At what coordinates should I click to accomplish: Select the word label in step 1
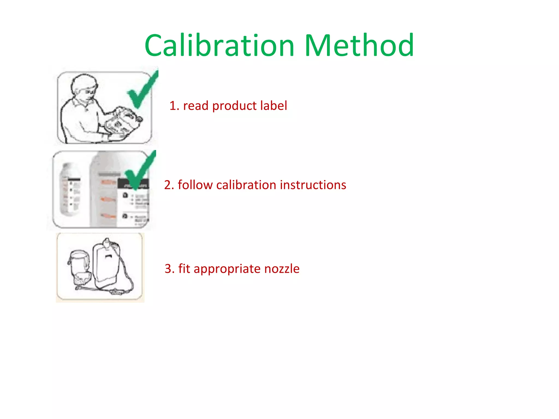(x=273, y=106)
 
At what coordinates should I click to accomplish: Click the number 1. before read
(x=174, y=106)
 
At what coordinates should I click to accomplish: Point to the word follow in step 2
(x=195, y=185)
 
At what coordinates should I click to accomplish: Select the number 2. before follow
(x=169, y=185)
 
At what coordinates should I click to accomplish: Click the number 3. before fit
(x=169, y=269)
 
